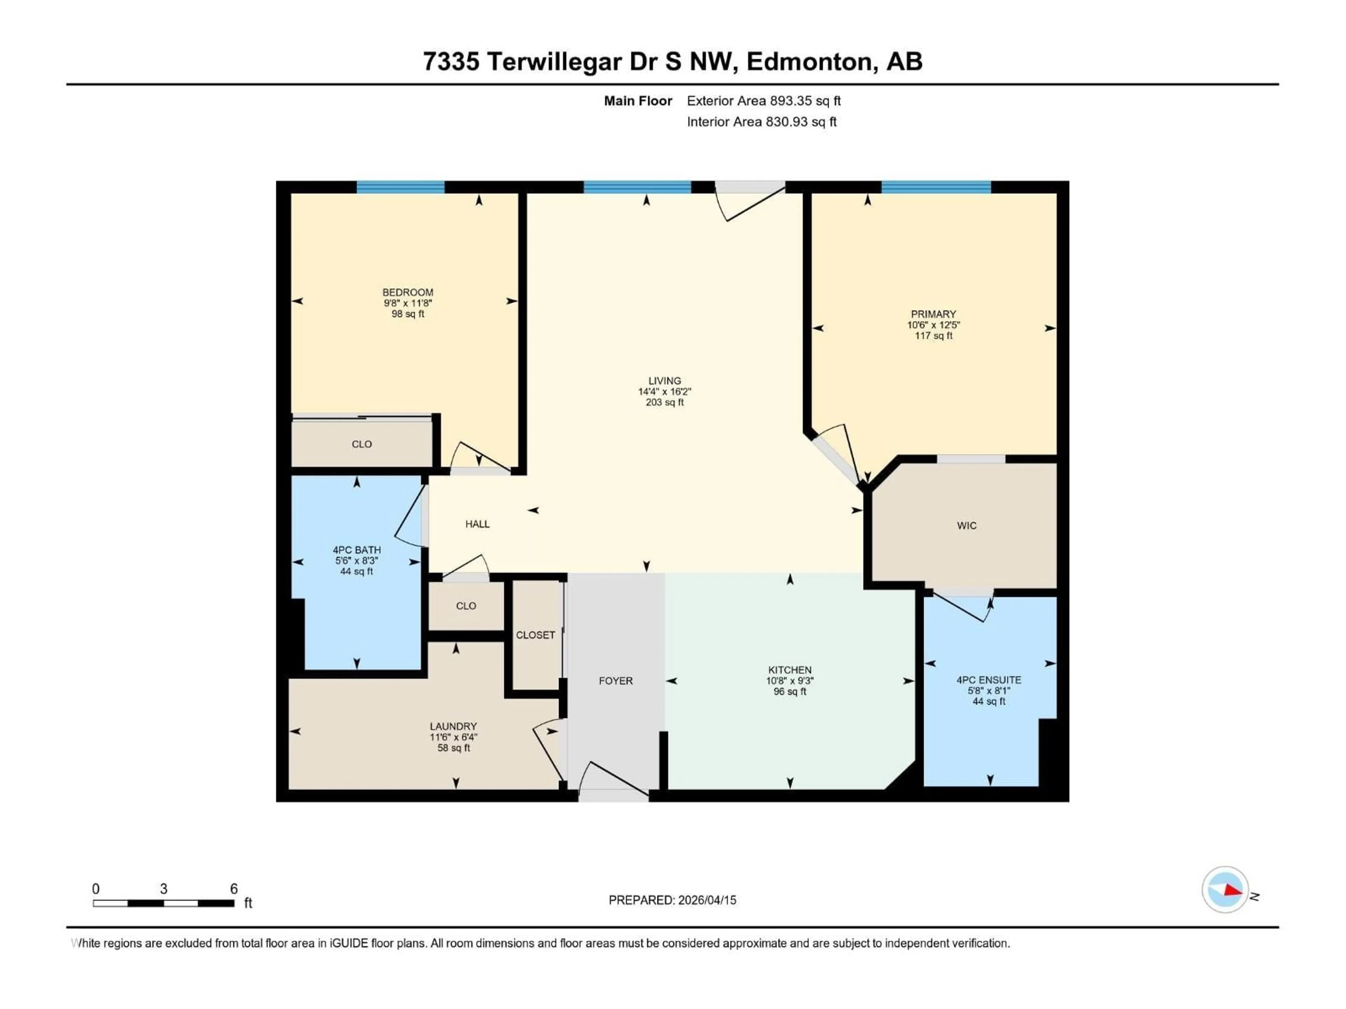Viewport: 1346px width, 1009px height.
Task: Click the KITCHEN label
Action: tap(789, 670)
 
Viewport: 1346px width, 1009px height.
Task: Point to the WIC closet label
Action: tap(966, 526)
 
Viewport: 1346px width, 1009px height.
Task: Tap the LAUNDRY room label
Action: tap(453, 726)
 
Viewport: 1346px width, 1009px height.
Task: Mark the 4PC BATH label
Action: tap(356, 550)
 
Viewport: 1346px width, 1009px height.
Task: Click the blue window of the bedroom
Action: tap(400, 187)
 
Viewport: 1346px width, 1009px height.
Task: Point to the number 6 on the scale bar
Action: tap(234, 888)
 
